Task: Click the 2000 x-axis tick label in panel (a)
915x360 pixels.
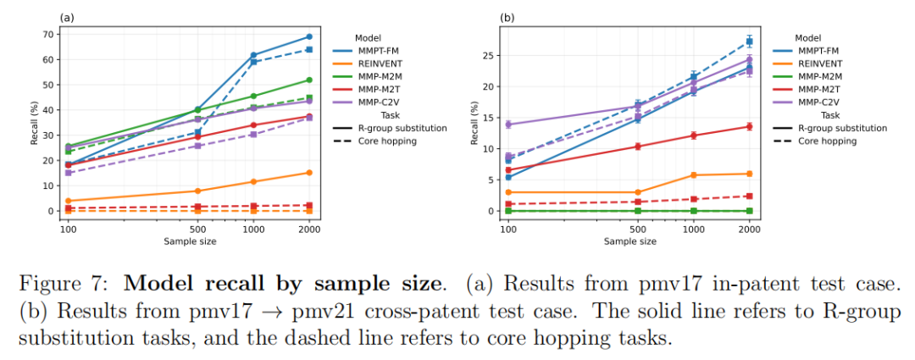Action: tap(308, 229)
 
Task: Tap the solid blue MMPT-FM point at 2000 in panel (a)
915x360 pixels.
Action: tap(308, 36)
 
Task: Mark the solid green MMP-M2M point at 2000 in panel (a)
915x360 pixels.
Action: tap(308, 80)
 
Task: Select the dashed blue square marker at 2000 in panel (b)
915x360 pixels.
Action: tap(749, 41)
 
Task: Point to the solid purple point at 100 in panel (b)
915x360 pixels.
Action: tap(508, 124)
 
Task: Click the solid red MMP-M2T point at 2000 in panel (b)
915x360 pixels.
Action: tap(749, 126)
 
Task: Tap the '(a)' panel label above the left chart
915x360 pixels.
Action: tap(64, 16)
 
